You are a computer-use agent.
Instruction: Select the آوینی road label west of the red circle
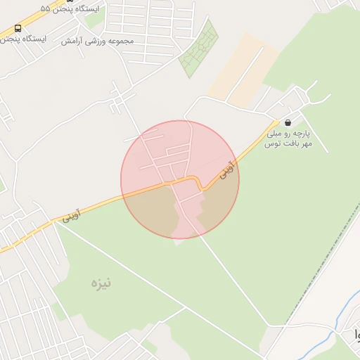coord(71,215)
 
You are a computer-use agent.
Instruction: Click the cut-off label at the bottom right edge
coord(354,334)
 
